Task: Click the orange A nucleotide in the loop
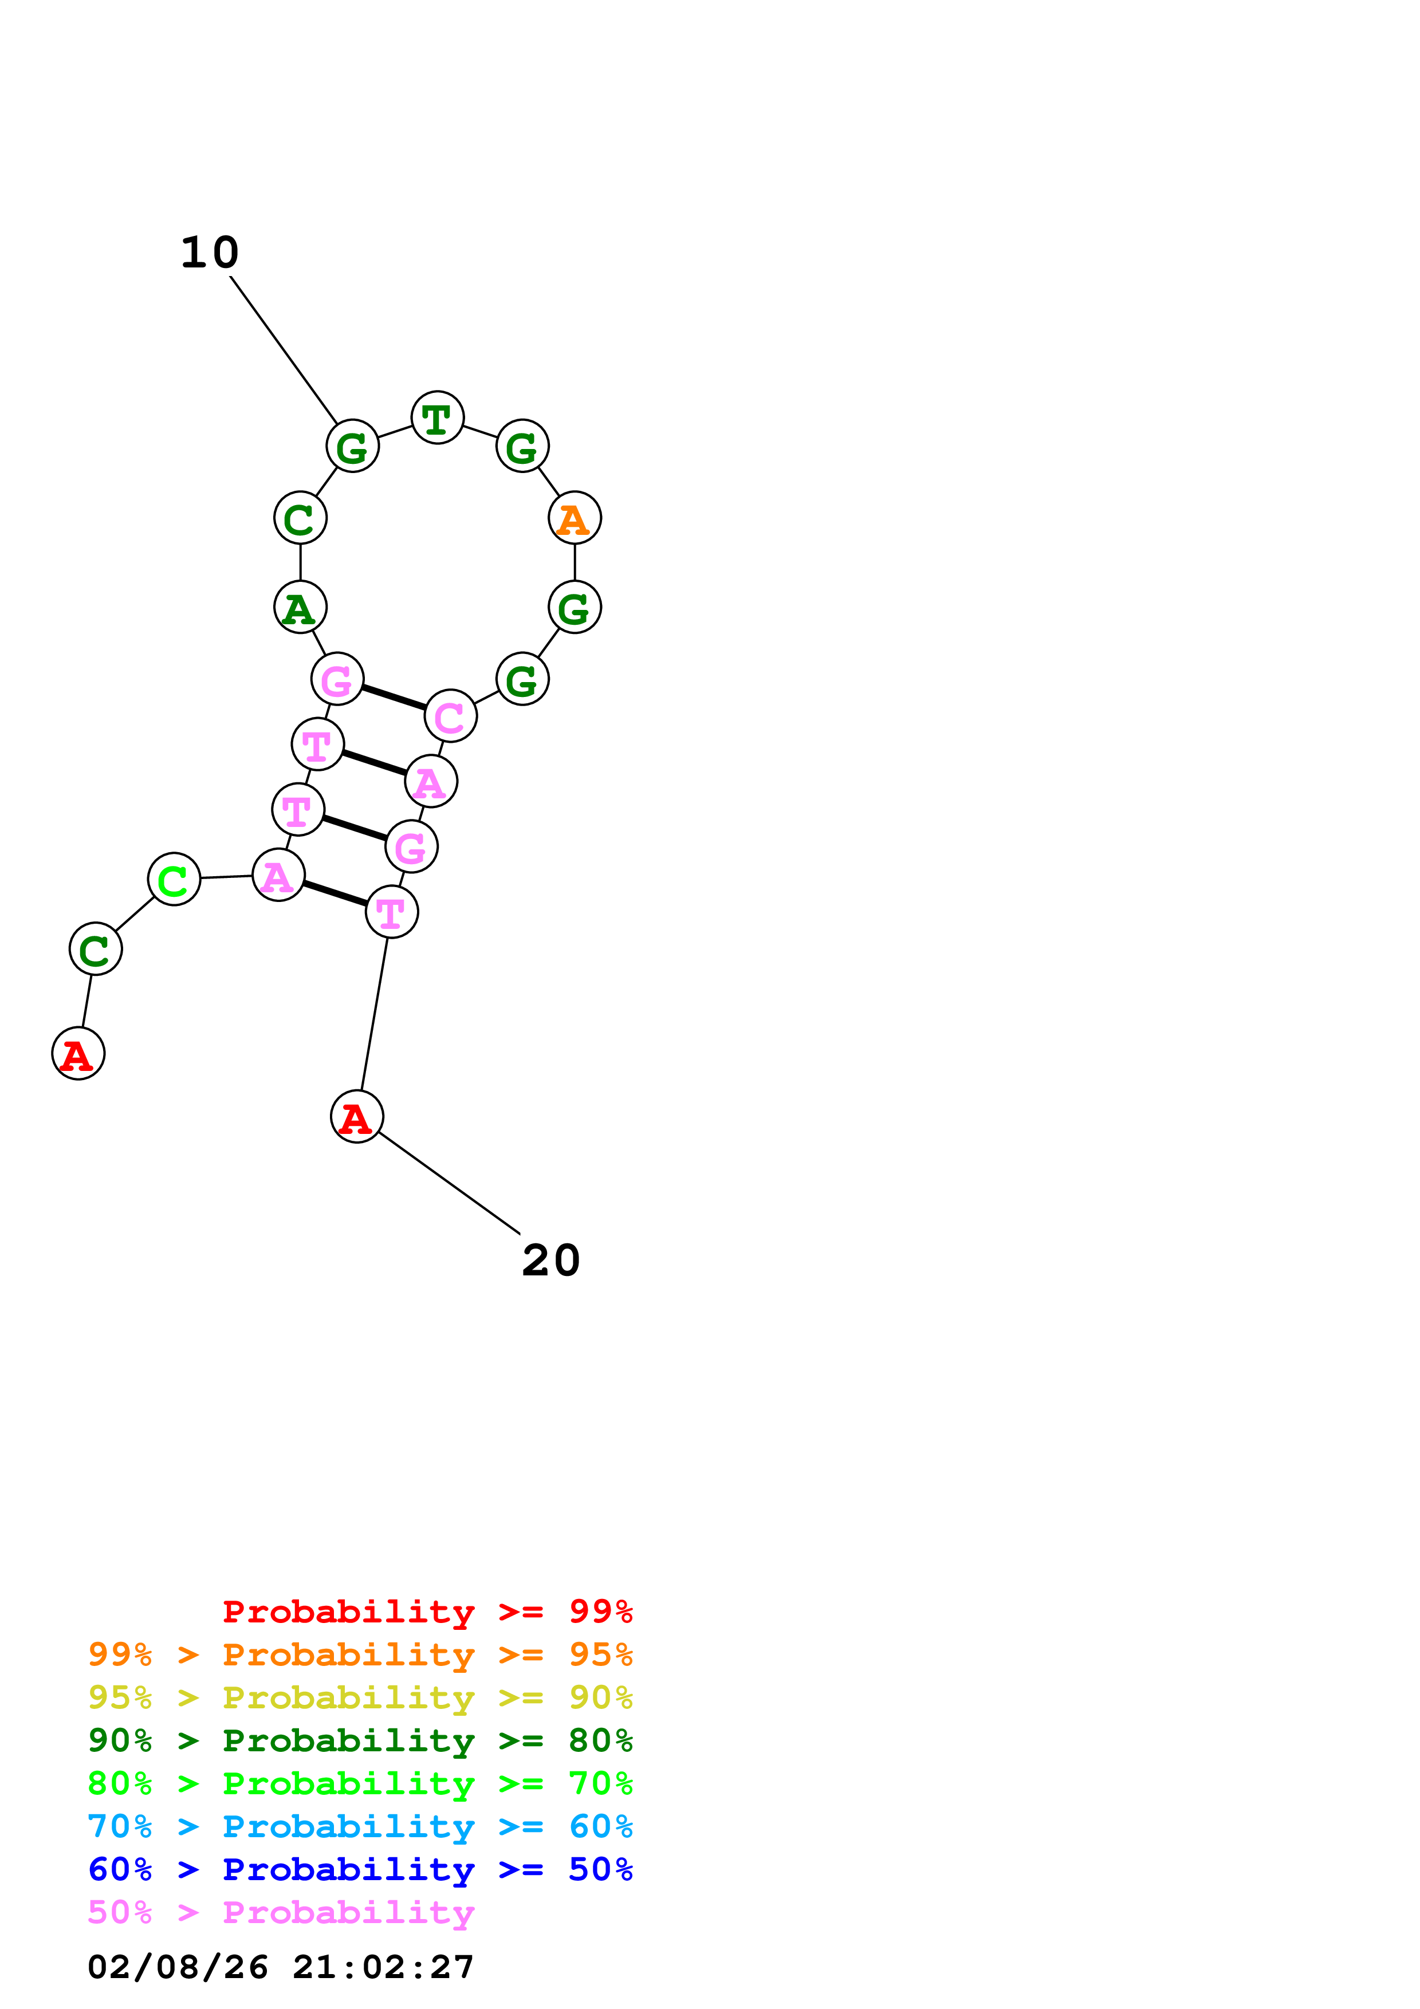pos(574,518)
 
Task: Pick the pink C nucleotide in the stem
pos(450,716)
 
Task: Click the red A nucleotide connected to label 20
pos(356,1117)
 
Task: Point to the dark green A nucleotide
pos(300,607)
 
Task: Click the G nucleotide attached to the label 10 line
pos(352,446)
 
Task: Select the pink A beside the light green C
pos(278,875)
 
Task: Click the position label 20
pos(550,1261)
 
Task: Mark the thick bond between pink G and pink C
pos(394,698)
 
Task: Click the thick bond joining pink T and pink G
pos(355,828)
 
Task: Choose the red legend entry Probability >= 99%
pos(427,1612)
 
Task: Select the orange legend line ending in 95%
pos(360,1655)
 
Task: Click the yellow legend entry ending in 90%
pos(360,1697)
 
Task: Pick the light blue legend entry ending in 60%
pos(360,1826)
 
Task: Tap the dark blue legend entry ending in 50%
pos(360,1869)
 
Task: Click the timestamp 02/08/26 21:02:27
pos(281,1967)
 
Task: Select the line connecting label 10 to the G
pos(284,350)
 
